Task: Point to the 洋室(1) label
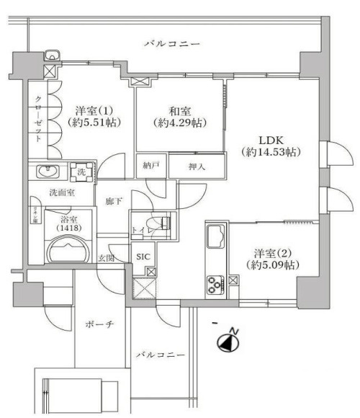(x=93, y=117)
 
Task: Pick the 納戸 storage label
(x=151, y=166)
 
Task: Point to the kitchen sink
(x=216, y=236)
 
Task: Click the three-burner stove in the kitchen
(x=216, y=285)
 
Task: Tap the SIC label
(x=143, y=257)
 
